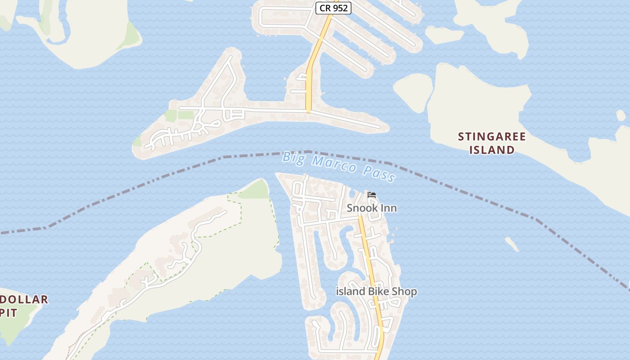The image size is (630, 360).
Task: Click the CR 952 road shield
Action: click(333, 8)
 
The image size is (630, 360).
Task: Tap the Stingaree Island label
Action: click(492, 143)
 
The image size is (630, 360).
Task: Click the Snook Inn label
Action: click(372, 208)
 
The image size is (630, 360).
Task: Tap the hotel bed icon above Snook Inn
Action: click(372, 195)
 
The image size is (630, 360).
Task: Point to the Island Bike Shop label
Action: click(377, 292)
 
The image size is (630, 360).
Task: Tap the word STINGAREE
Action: click(492, 136)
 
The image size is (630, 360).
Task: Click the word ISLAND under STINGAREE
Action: click(492, 150)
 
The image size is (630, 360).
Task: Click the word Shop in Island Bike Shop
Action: click(405, 292)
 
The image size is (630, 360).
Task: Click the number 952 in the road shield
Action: click(341, 8)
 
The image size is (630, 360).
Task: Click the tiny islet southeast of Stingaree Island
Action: click(512, 244)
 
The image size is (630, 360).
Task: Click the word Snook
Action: click(362, 208)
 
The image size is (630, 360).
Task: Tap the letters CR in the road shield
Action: click(324, 8)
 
